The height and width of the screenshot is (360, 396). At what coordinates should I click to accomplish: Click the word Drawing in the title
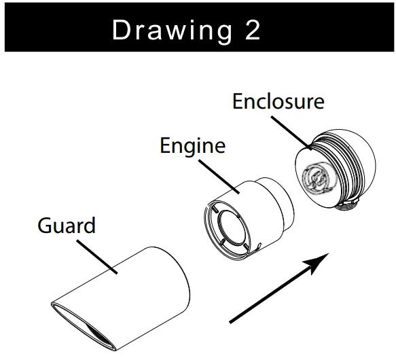(172, 31)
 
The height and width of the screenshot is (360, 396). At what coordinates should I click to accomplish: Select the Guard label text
(67, 225)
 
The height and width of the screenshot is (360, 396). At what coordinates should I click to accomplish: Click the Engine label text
(193, 146)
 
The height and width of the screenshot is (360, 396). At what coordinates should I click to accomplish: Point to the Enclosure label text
(278, 101)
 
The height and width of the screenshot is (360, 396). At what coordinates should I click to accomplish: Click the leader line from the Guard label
(97, 257)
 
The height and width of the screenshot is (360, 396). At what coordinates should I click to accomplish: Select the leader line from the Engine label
(219, 177)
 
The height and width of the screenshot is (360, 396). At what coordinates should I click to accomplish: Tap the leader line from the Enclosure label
(291, 133)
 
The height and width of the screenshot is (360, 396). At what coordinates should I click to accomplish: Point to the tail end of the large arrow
(230, 322)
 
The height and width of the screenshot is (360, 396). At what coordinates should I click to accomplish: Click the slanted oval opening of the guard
(84, 326)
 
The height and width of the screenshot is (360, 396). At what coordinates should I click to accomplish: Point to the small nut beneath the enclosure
(348, 203)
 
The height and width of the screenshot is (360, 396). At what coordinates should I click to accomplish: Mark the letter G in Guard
(45, 226)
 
